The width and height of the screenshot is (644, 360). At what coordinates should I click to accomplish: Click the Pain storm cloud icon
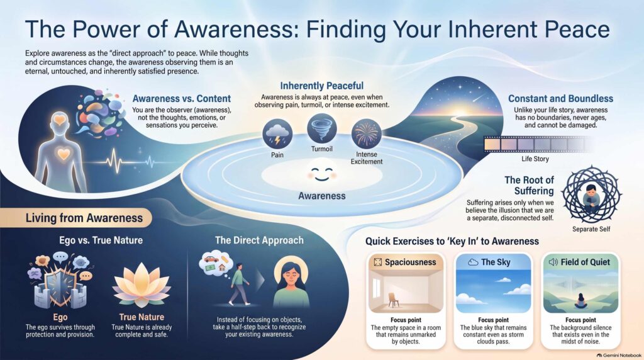[277, 134]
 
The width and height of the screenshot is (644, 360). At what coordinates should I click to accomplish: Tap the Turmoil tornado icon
[322, 128]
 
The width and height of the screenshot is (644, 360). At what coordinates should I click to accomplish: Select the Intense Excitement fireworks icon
[367, 134]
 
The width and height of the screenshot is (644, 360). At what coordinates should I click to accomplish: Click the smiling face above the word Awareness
[321, 174]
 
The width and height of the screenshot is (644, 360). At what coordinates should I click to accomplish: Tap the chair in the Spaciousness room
[393, 300]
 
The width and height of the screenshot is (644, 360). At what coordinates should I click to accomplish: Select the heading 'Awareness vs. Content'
[182, 99]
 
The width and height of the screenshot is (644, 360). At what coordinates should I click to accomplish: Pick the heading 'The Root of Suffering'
[529, 185]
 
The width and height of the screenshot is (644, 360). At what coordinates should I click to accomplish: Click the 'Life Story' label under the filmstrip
[535, 159]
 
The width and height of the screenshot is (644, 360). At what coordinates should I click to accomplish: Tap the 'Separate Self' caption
[591, 229]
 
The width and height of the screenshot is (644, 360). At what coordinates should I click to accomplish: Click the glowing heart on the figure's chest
[64, 154]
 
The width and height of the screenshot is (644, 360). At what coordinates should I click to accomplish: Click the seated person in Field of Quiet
[581, 301]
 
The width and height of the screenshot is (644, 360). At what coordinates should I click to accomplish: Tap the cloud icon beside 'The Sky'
[473, 262]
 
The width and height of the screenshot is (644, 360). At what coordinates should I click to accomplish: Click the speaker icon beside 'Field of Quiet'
[553, 262]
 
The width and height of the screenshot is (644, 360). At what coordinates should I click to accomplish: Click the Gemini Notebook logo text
[619, 355]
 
